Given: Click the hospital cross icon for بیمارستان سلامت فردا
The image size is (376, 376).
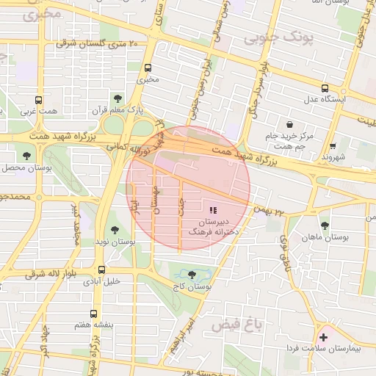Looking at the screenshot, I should pyautogui.click(x=323, y=337).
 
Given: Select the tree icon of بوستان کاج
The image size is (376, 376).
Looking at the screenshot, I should pyautogui.click(x=192, y=275).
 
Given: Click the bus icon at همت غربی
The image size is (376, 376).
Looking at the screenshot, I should pyautogui.click(x=38, y=101).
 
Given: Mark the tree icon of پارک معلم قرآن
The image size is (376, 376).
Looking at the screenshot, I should pyautogui.click(x=117, y=97).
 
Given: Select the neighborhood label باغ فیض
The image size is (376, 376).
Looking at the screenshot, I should pyautogui.click(x=232, y=323).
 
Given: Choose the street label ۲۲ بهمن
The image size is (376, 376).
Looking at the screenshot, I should pyautogui.click(x=270, y=211).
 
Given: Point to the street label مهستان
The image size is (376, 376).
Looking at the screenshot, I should pyautogui.click(x=156, y=199).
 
